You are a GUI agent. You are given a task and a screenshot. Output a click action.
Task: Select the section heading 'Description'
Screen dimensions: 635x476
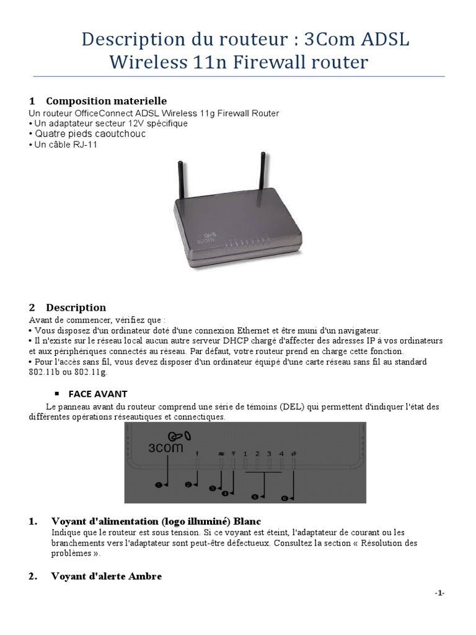click(x=76, y=308)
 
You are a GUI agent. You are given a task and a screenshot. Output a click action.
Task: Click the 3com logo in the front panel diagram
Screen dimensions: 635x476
click(x=165, y=442)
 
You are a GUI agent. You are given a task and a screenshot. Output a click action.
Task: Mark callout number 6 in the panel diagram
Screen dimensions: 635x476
click(x=285, y=497)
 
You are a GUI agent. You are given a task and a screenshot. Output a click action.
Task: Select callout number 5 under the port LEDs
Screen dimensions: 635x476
click(x=254, y=496)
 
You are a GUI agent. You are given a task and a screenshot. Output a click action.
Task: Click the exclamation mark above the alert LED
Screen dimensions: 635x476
click(x=196, y=453)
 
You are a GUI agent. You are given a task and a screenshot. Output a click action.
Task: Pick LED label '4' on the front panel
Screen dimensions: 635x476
click(x=281, y=454)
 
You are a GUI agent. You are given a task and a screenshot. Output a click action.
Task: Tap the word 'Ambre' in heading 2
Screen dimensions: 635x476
click(x=144, y=577)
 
